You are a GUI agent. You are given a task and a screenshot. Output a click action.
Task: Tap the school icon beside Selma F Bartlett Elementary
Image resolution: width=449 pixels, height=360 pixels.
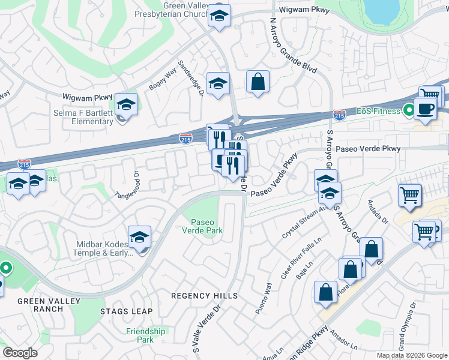point(127,104)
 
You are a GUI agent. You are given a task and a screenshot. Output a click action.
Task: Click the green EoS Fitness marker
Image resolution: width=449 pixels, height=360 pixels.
point(408,111)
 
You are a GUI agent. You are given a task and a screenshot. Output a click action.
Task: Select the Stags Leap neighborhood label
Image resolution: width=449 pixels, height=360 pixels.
point(126,311)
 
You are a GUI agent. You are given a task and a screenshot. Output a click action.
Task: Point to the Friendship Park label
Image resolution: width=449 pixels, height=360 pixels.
point(146,335)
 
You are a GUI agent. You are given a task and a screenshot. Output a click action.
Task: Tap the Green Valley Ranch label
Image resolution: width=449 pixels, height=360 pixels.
point(40,305)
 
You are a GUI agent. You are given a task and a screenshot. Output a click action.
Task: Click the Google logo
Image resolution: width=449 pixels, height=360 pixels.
point(20,353)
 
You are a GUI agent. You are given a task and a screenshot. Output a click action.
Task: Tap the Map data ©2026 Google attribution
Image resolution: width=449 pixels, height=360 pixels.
point(412,355)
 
